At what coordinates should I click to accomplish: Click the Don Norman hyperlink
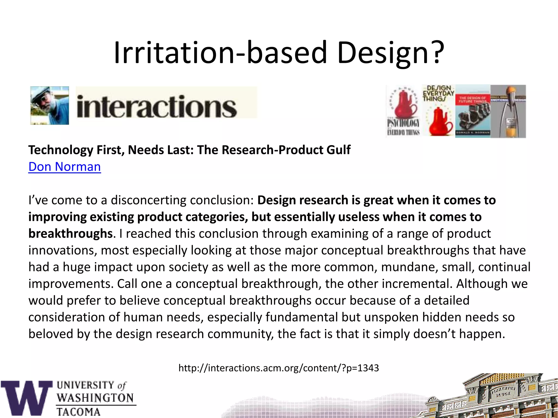click(x=65, y=167)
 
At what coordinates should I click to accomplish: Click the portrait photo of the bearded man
click(x=50, y=106)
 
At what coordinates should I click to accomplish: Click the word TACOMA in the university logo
click(x=78, y=411)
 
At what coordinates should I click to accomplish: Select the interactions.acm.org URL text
click(x=278, y=368)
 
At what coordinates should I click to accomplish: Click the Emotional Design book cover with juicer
click(x=508, y=111)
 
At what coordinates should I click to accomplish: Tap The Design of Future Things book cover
click(x=473, y=111)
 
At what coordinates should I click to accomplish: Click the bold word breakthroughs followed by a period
click(x=71, y=233)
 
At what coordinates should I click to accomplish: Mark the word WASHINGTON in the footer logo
click(x=95, y=398)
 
